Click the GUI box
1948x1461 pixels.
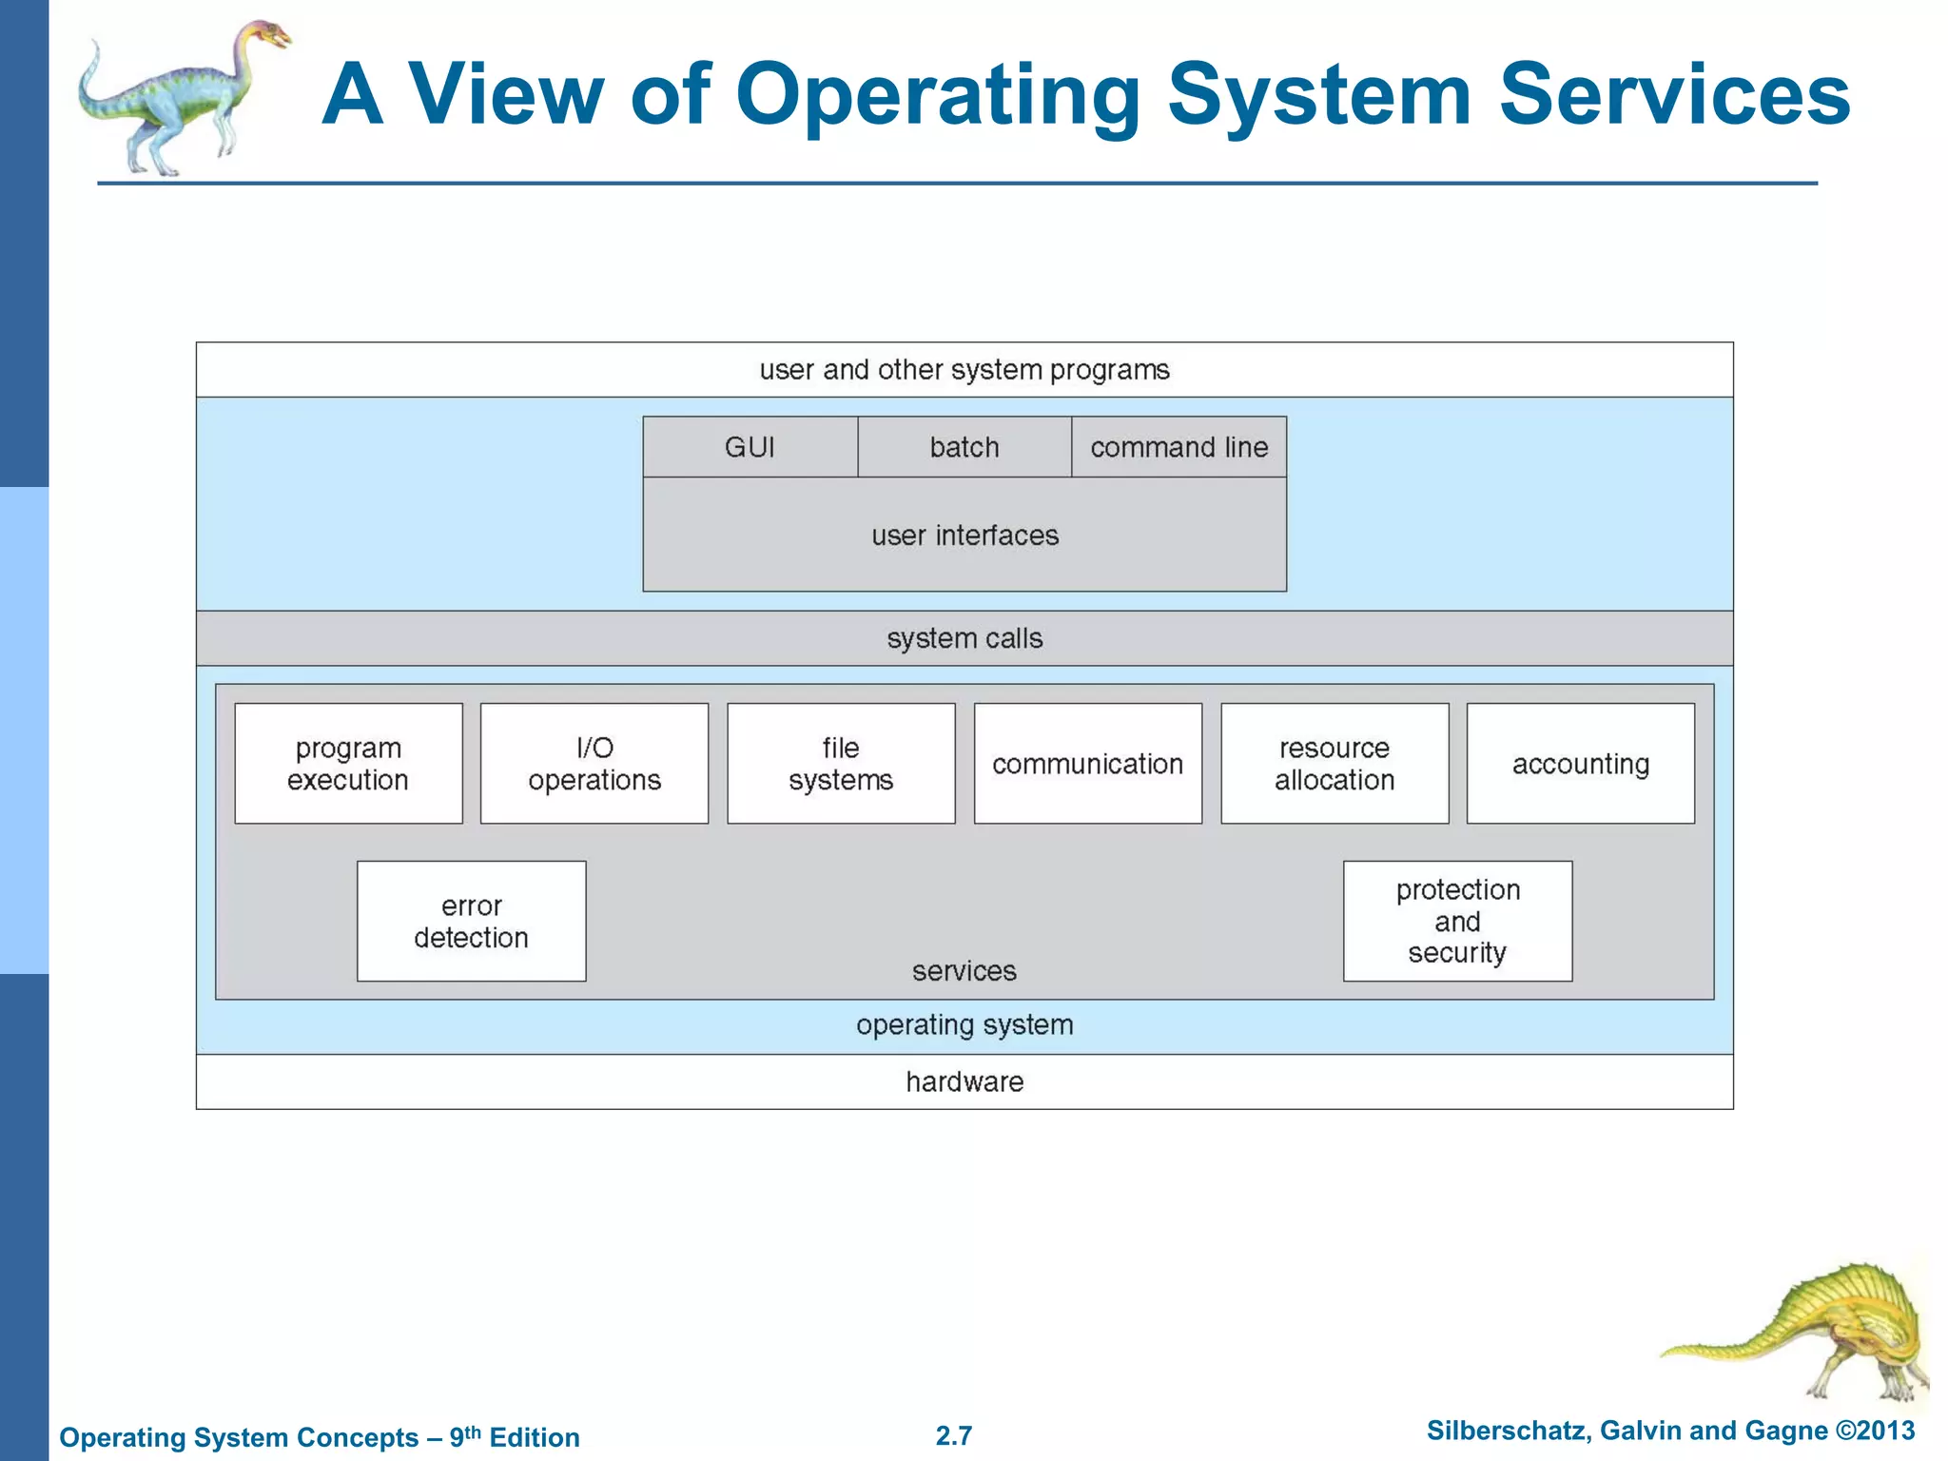(750, 447)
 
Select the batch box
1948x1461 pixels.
(964, 447)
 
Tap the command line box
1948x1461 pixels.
(1179, 447)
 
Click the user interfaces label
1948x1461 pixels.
(964, 536)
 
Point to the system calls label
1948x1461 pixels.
(964, 638)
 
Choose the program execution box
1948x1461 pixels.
(348, 764)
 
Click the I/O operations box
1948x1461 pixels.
(594, 764)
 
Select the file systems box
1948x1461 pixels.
(841, 764)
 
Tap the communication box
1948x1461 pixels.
(1087, 764)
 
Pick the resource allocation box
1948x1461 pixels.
(1334, 764)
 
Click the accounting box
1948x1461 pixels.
(1580, 764)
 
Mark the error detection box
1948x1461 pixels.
(471, 922)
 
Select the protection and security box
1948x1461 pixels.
(1457, 922)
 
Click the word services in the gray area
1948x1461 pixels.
(964, 971)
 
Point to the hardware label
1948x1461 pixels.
(964, 1082)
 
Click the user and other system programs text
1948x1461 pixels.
(964, 370)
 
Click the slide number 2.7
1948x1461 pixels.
(953, 1435)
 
